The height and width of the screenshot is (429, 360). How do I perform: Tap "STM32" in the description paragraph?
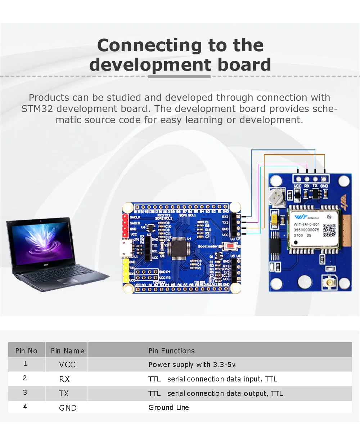click(37, 108)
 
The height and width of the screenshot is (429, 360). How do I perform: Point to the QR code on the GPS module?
click(329, 230)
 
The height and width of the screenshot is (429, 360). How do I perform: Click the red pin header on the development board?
click(125, 226)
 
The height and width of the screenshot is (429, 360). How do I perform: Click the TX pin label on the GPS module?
click(315, 186)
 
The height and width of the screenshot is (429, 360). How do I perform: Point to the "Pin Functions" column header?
click(171, 350)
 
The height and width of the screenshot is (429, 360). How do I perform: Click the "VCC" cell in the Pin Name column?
click(67, 365)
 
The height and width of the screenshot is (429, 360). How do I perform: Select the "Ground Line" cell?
click(168, 407)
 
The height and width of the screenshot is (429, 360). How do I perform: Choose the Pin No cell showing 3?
click(25, 393)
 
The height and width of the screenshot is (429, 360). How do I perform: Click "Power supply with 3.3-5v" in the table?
click(192, 365)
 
